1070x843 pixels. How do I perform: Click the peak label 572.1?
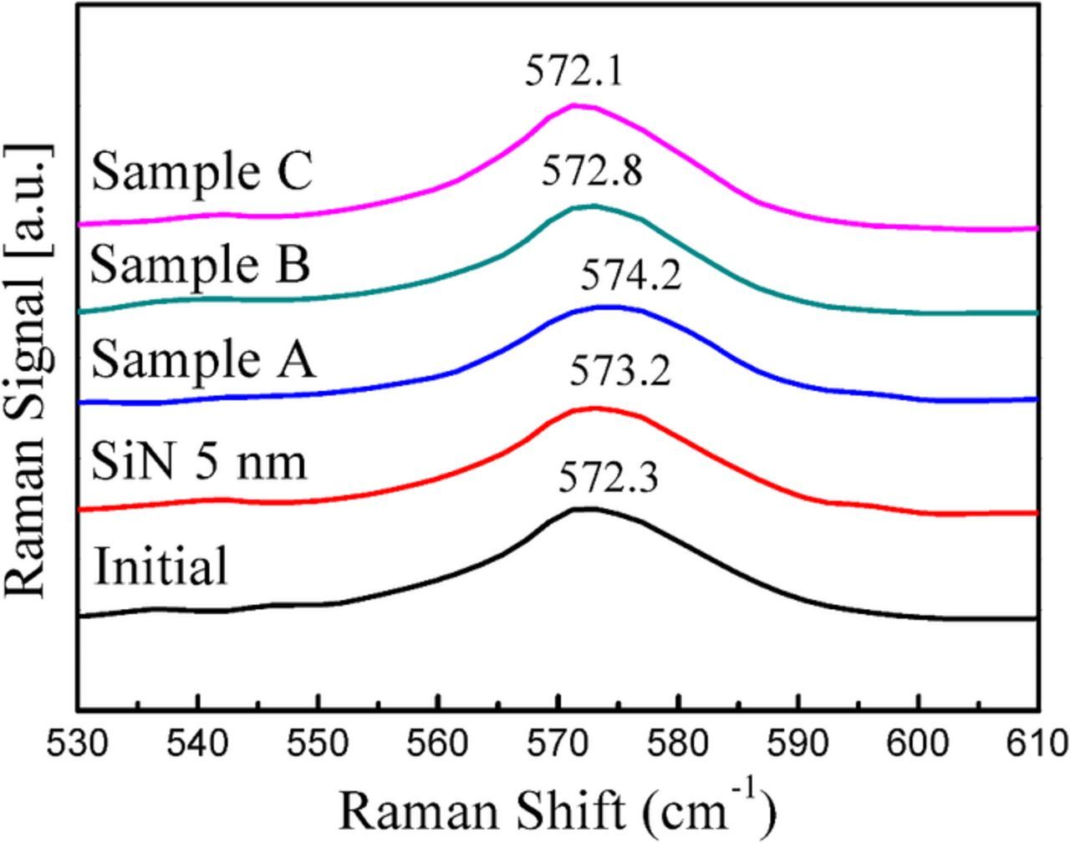coord(573,72)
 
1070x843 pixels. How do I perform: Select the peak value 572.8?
coord(591,172)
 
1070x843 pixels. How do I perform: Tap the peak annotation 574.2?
coord(631,275)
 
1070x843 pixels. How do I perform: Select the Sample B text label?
coord(200,265)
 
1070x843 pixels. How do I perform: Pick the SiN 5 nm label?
coord(199,462)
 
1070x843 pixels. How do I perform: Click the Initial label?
coord(160,566)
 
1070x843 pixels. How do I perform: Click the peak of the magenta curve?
coord(574,105)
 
